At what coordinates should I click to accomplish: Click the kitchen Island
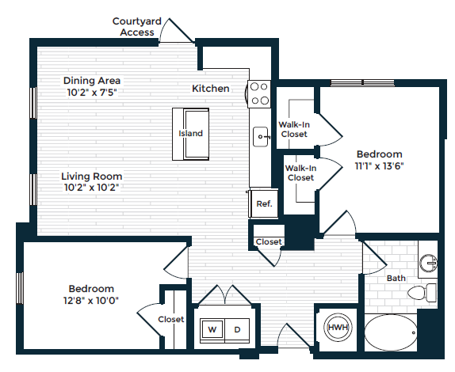[190, 133]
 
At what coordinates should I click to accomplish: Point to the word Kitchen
[211, 89]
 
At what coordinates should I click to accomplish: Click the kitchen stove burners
[258, 94]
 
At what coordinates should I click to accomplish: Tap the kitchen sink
[261, 138]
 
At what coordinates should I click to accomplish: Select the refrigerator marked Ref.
[262, 203]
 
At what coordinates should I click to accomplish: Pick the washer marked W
[212, 328]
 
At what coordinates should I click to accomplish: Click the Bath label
[396, 279]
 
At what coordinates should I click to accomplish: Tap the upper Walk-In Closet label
[292, 129]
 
